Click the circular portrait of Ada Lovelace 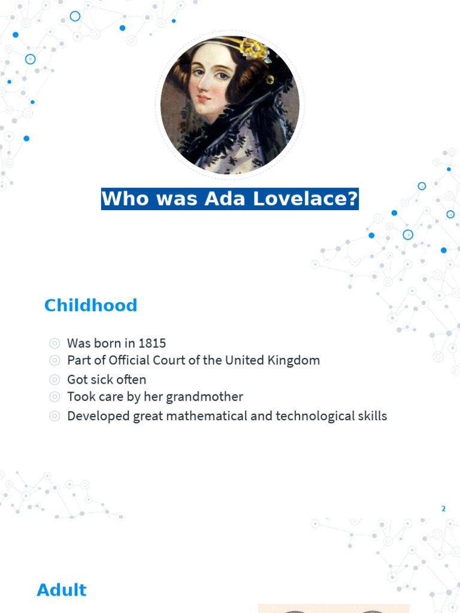click(230, 105)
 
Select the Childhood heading click(90, 305)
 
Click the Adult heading click(62, 590)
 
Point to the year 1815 click(152, 344)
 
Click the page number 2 click(444, 509)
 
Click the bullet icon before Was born click(55, 344)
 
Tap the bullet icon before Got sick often click(55, 380)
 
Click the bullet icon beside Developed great click(55, 416)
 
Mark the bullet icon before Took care click(55, 397)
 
